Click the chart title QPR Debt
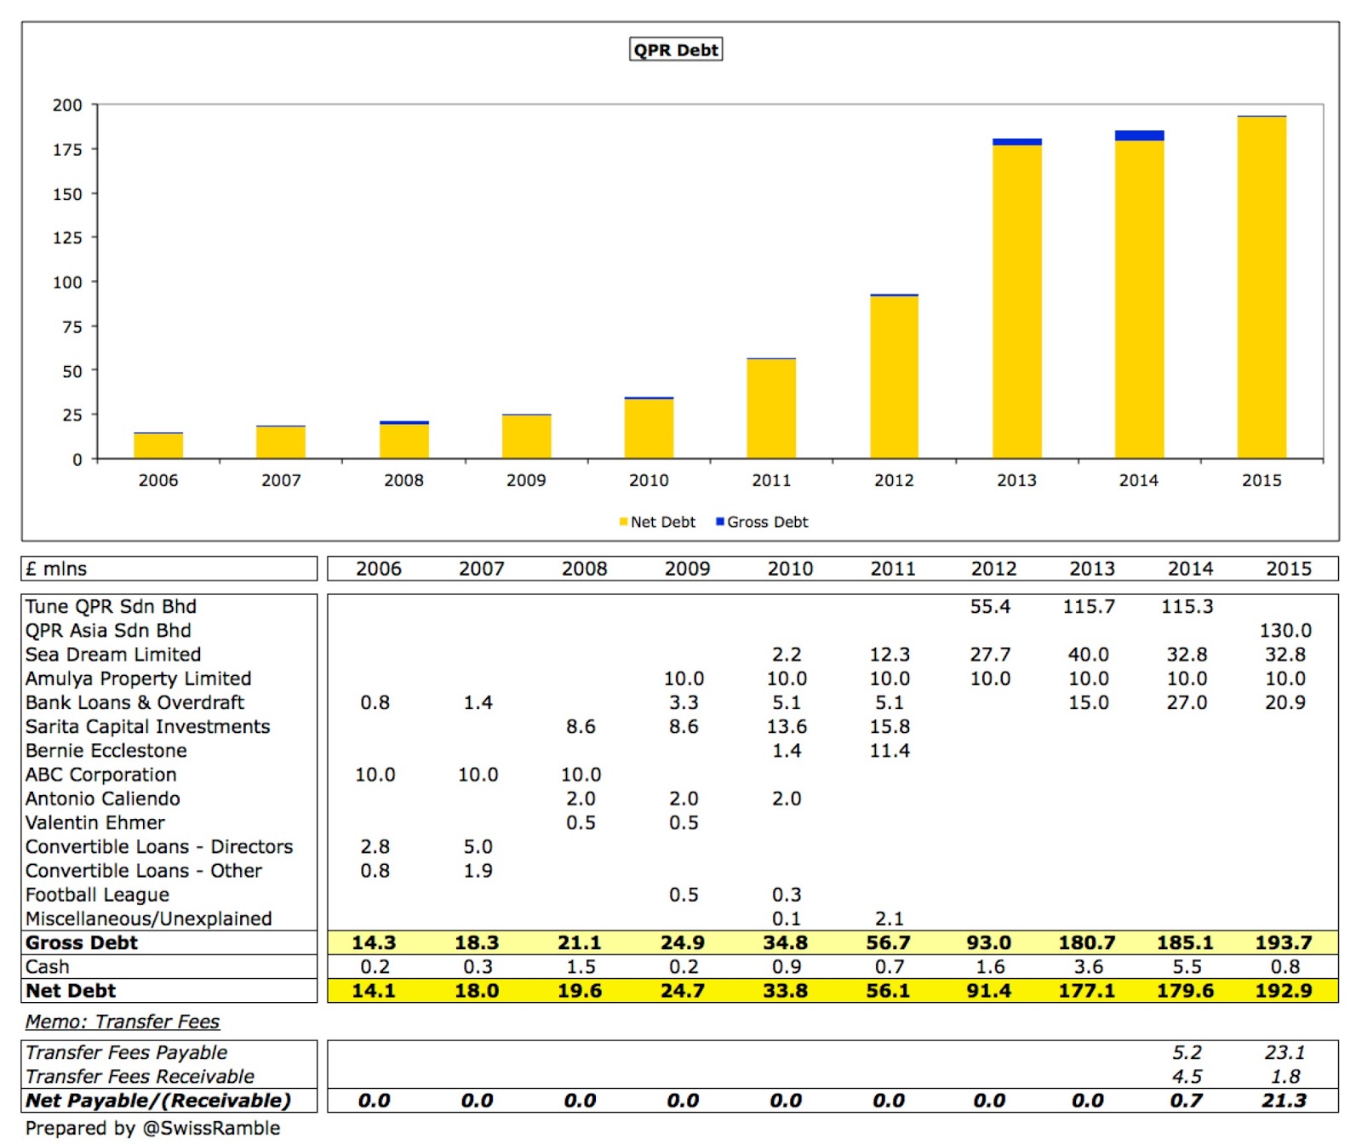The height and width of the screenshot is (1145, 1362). [676, 49]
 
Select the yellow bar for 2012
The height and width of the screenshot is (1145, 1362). [894, 379]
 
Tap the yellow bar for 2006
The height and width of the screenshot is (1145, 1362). [158, 446]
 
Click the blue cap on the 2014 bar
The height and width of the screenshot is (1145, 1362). [1139, 135]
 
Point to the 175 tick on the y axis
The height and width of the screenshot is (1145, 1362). [67, 150]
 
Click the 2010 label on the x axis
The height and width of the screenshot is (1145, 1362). [649, 480]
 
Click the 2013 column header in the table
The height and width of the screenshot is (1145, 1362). [1092, 569]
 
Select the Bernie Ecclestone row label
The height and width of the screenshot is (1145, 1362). [106, 750]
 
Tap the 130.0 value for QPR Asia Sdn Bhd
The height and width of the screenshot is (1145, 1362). [1285, 630]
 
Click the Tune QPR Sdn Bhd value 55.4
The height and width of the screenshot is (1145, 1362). [990, 606]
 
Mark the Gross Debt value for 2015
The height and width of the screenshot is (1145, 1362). [1284, 942]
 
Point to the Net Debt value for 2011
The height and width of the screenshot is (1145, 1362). [888, 990]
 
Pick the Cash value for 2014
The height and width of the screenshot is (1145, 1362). [1187, 966]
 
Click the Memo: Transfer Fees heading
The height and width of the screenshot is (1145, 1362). [123, 1022]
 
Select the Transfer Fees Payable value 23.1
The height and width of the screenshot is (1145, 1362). [1285, 1052]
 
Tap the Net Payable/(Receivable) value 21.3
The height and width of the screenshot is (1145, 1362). [1284, 1100]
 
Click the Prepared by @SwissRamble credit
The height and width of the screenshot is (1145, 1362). [152, 1128]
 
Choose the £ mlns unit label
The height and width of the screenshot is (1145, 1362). [56, 569]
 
